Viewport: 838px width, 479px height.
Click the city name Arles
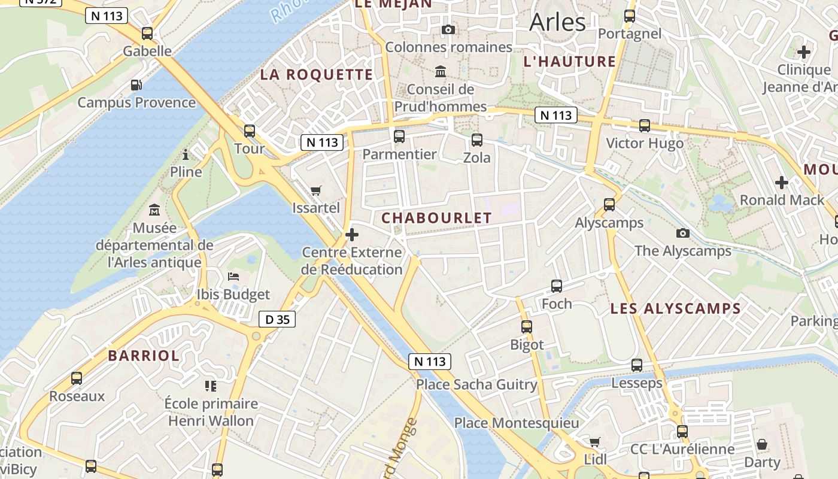point(558,22)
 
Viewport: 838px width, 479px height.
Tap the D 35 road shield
point(277,319)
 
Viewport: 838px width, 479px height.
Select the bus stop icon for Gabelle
point(147,34)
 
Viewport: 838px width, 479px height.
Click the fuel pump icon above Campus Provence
point(136,85)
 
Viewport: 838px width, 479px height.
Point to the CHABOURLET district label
point(436,218)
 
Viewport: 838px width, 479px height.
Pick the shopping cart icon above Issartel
point(316,191)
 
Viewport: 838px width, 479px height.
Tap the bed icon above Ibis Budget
point(233,277)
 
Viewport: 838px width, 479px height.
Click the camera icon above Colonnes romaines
point(448,29)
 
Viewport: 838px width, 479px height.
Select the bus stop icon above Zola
point(477,140)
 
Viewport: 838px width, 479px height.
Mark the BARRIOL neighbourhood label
point(144,355)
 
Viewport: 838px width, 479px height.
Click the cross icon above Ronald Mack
point(782,182)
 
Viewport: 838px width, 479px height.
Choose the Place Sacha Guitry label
point(476,384)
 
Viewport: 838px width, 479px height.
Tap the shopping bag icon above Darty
point(762,444)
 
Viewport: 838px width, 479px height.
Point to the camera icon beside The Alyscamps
point(683,233)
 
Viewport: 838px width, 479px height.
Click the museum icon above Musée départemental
point(154,210)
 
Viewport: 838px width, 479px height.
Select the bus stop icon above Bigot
point(527,327)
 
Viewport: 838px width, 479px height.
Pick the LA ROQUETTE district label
point(316,75)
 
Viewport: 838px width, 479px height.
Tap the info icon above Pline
point(186,155)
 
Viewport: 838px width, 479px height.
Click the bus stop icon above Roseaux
point(77,378)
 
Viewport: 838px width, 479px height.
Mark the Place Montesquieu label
point(517,423)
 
